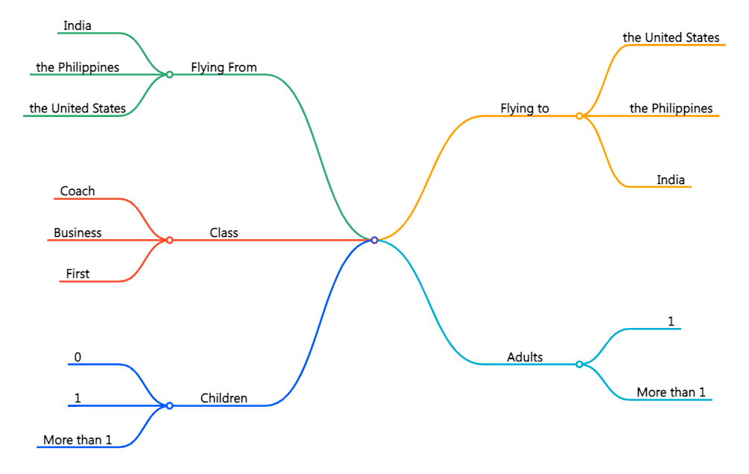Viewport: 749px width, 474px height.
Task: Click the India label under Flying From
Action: coord(78,26)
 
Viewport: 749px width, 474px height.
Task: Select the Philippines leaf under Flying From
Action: coord(78,68)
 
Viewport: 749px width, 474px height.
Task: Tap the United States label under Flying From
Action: coord(78,109)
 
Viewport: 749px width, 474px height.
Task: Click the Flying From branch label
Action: coord(224,68)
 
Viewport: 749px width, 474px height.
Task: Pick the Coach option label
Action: coord(78,192)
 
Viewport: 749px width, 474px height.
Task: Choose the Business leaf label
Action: coord(78,233)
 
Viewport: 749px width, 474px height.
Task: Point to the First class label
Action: coord(78,274)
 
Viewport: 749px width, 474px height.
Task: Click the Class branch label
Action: coord(224,233)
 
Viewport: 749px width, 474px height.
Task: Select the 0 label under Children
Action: coord(78,357)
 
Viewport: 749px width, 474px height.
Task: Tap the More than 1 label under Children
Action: coord(78,440)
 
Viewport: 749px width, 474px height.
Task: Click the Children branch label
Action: coord(224,399)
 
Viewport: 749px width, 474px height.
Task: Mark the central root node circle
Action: coord(374,240)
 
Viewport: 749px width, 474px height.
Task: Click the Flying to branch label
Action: coord(525,109)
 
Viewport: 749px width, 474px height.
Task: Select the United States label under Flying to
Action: coord(671,37)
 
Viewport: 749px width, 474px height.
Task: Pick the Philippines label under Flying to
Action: coord(671,109)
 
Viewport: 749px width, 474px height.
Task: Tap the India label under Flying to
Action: coord(671,180)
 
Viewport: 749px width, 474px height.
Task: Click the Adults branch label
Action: coord(525,357)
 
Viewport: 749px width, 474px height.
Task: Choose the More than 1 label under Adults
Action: coord(671,393)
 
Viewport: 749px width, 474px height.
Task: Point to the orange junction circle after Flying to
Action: coord(579,116)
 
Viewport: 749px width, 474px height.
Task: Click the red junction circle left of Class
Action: coord(169,240)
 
